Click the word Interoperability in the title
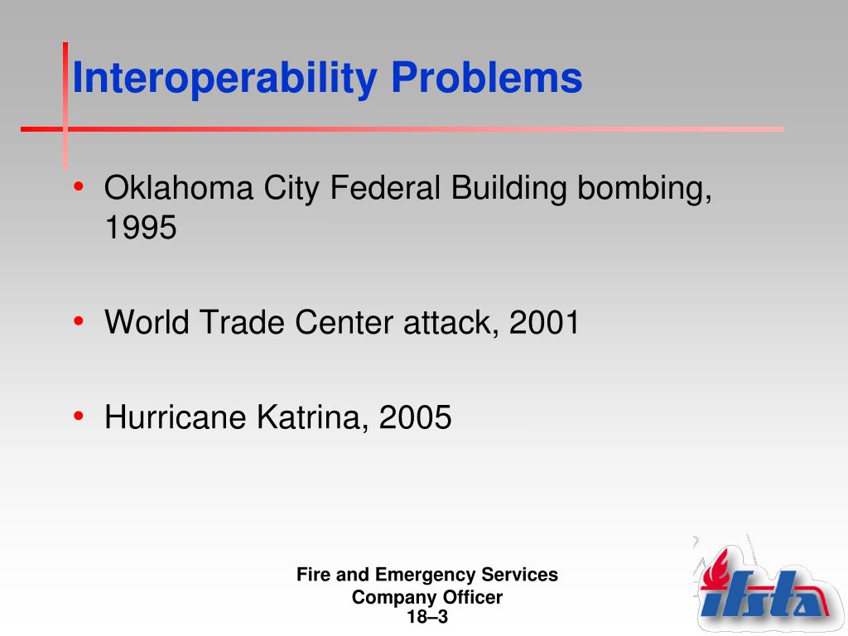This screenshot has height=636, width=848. (226, 79)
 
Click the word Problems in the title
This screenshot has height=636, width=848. (487, 79)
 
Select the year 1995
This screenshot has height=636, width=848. (141, 228)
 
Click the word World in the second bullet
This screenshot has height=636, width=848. (147, 322)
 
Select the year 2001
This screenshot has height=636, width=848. (545, 322)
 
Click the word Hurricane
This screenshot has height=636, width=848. (176, 417)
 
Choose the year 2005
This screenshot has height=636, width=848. (416, 417)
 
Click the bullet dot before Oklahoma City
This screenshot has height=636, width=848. (78, 187)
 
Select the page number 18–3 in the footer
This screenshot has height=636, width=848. (427, 617)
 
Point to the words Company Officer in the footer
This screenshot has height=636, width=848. (427, 597)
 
